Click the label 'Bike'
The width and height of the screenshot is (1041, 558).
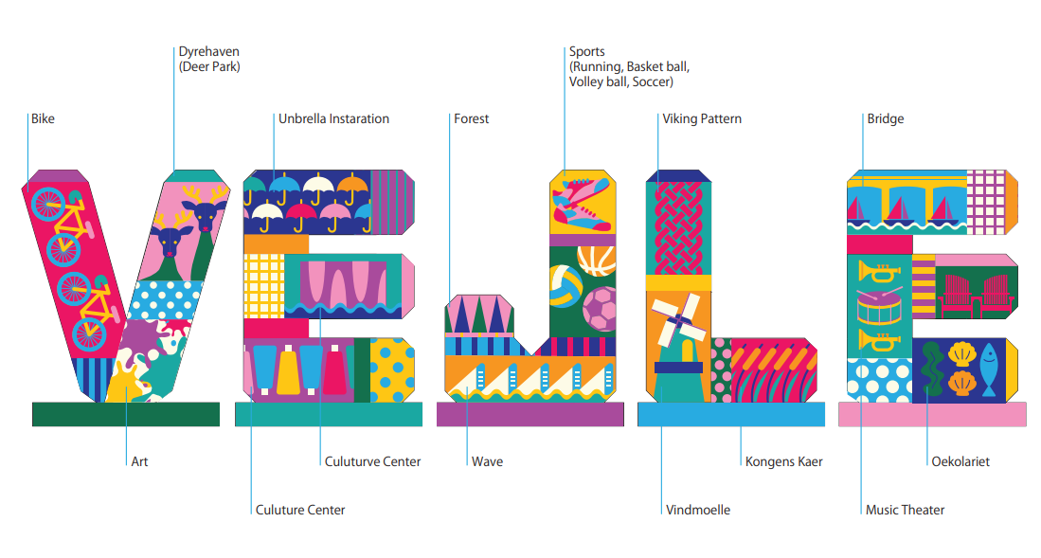tap(43, 119)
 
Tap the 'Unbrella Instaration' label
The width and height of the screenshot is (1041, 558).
tap(333, 119)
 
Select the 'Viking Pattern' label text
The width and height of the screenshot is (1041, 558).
tap(702, 119)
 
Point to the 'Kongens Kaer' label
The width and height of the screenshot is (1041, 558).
tap(783, 462)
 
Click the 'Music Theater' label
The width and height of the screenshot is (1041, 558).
tap(905, 511)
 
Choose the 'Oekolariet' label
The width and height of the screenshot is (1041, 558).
tap(960, 462)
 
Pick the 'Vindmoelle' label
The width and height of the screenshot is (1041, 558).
tap(697, 511)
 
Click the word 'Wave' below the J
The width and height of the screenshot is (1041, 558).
tap(487, 462)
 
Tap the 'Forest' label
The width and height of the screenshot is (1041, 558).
tap(471, 119)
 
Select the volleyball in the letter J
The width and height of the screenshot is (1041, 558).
tap(565, 285)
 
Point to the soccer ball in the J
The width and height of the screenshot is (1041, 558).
tap(599, 308)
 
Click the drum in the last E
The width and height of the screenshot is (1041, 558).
tap(878, 307)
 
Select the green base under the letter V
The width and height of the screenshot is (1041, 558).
tap(126, 414)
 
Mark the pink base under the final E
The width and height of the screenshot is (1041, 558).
tap(931, 414)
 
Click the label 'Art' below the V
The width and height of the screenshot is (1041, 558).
tap(139, 462)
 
